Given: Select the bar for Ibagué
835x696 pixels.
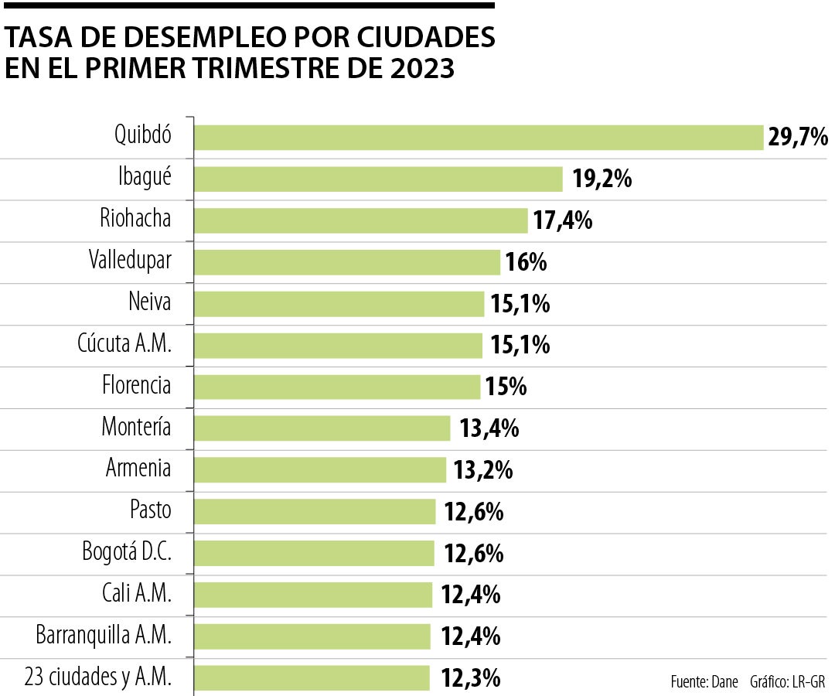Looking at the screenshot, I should pyautogui.click(x=378, y=179).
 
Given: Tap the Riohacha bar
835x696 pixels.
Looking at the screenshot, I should pyautogui.click(x=360, y=220).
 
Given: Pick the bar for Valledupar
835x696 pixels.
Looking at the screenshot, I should pyautogui.click(x=347, y=262).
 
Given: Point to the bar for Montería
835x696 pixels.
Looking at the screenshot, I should pyautogui.click(x=322, y=428).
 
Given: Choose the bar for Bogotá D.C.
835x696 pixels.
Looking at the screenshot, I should pyautogui.click(x=314, y=553).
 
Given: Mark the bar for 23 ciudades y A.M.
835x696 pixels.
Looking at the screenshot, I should pyautogui.click(x=312, y=678).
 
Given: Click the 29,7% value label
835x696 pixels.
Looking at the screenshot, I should pyautogui.click(x=798, y=138).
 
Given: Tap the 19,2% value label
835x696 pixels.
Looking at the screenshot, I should pyautogui.click(x=602, y=179).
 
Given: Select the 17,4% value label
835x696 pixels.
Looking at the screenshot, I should pyautogui.click(x=563, y=221).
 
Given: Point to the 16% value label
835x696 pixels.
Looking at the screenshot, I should pyautogui.click(x=526, y=263).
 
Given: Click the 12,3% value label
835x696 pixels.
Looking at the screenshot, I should pyautogui.click(x=471, y=679).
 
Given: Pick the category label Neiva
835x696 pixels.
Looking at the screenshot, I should pyautogui.click(x=149, y=302).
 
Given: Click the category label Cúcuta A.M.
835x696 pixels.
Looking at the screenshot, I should pyautogui.click(x=124, y=344).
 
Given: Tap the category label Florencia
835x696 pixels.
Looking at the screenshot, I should pyautogui.click(x=136, y=385).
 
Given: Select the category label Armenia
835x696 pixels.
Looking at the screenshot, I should pyautogui.click(x=138, y=469).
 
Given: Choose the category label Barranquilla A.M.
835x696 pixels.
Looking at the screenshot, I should pyautogui.click(x=104, y=636).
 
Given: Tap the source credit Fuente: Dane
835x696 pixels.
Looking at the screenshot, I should pyautogui.click(x=704, y=682).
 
